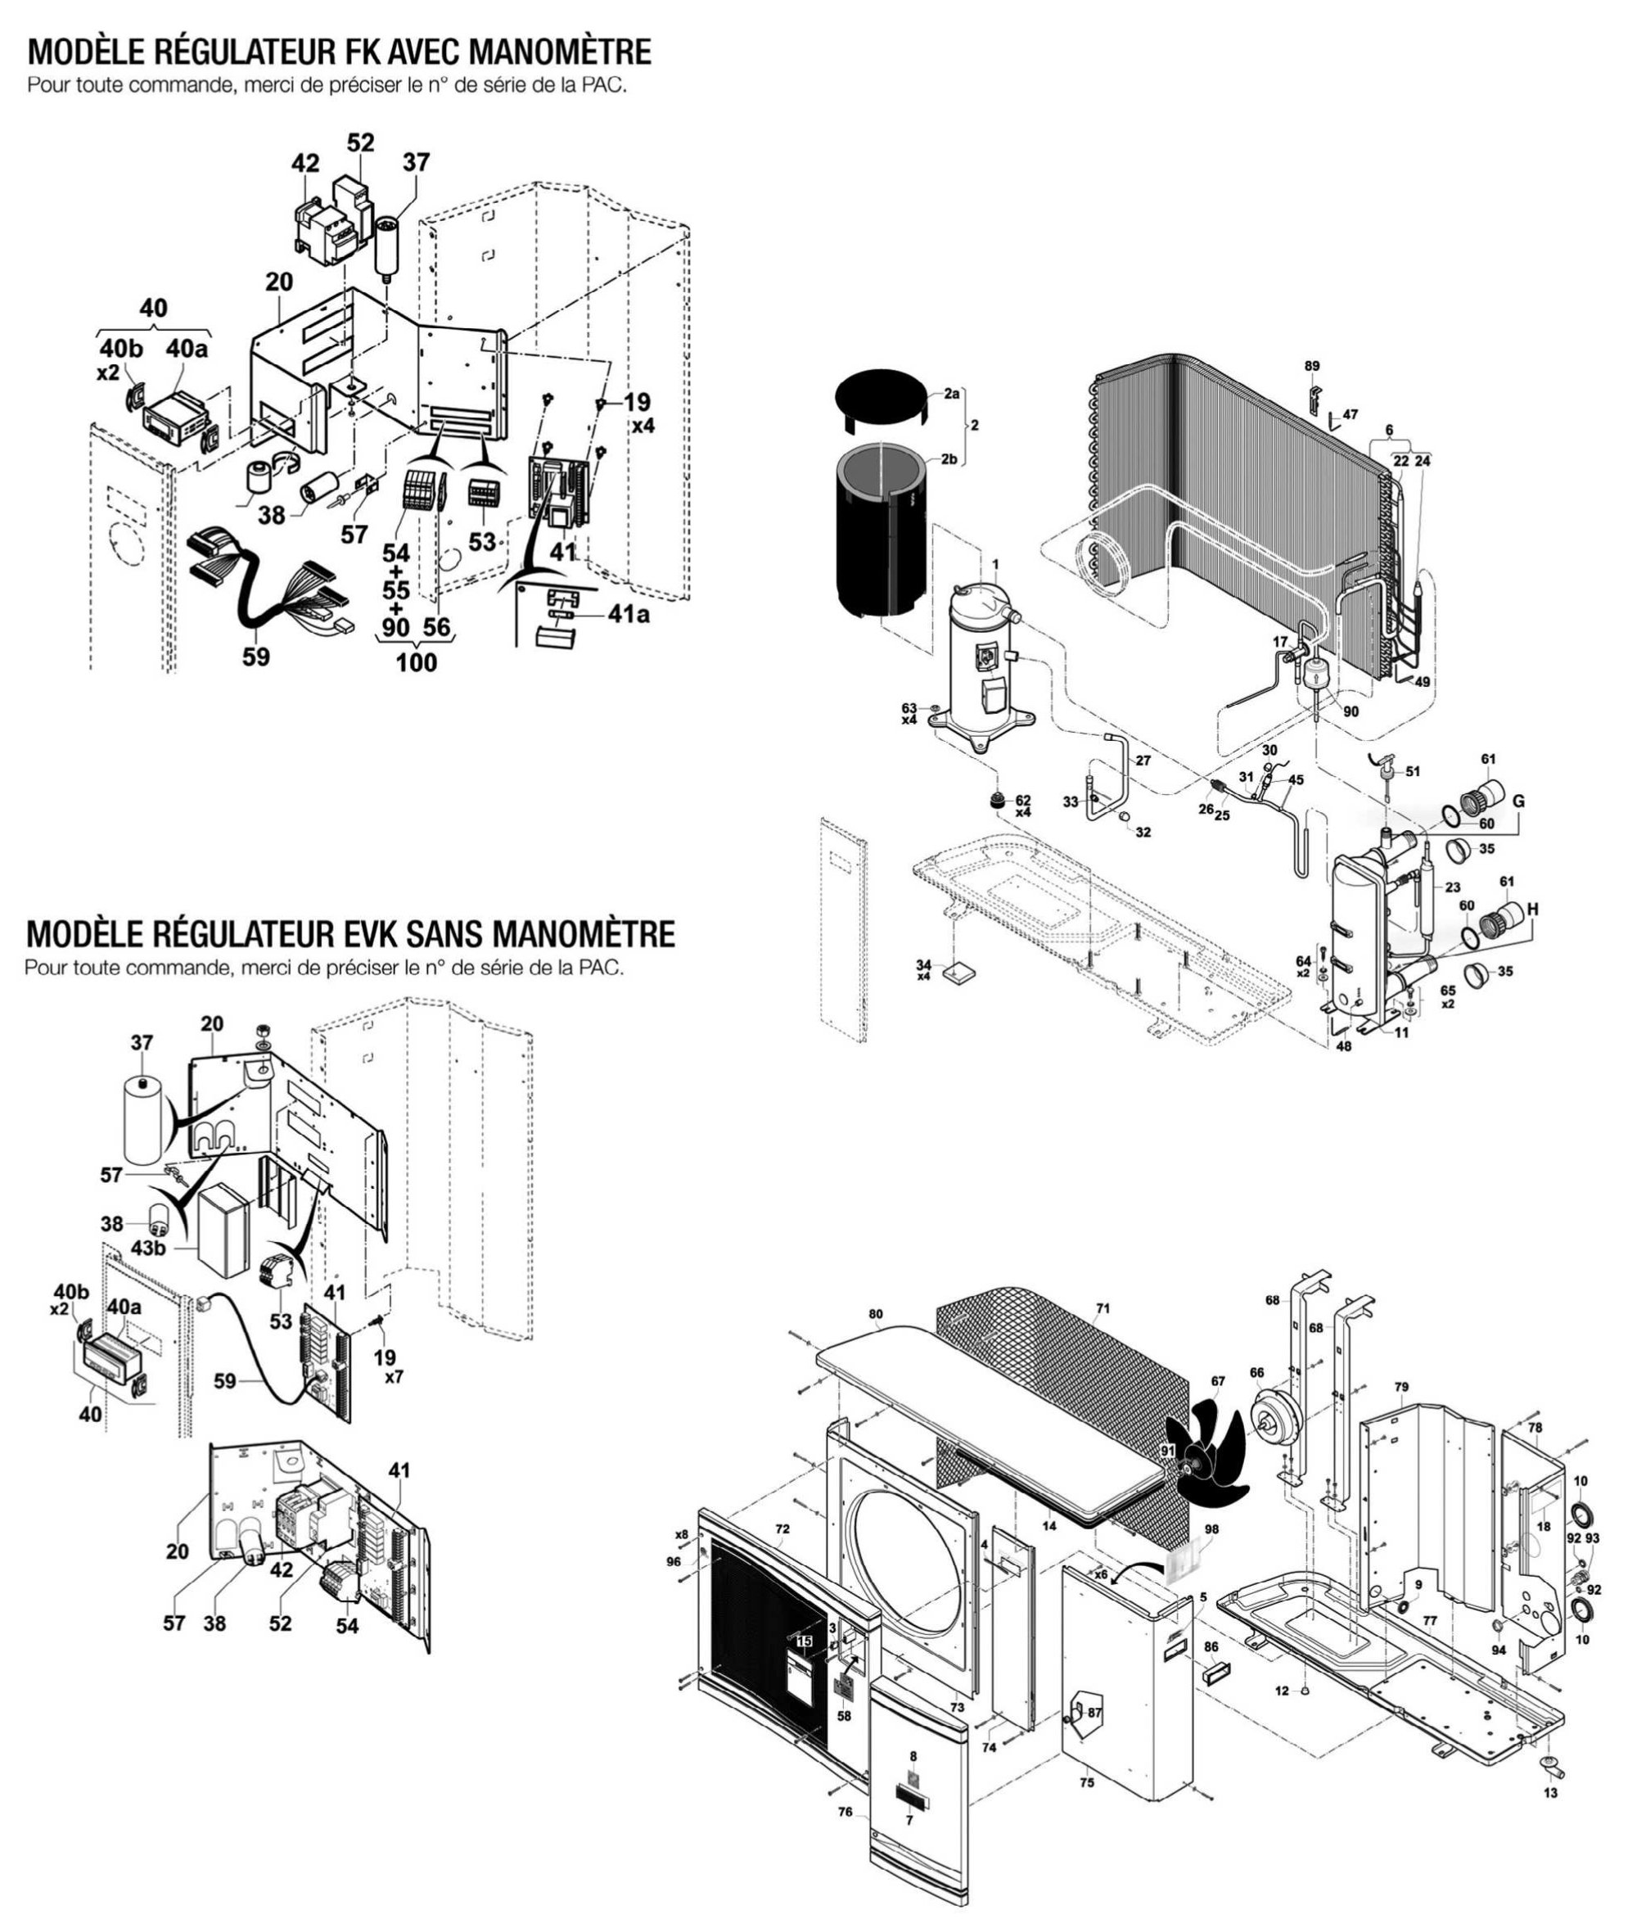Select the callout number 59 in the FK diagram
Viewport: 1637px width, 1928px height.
click(256, 657)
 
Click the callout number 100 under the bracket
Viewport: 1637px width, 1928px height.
click(417, 663)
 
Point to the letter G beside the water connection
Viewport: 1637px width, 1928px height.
click(1518, 801)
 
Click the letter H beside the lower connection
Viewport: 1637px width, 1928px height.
click(1531, 910)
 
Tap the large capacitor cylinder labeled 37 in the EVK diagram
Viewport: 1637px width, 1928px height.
click(145, 1119)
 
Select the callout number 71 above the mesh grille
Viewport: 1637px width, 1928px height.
click(1102, 1309)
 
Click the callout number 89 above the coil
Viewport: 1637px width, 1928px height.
click(1311, 367)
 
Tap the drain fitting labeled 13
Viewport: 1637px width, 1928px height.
click(1549, 1787)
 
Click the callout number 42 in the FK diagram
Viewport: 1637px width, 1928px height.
click(304, 164)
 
